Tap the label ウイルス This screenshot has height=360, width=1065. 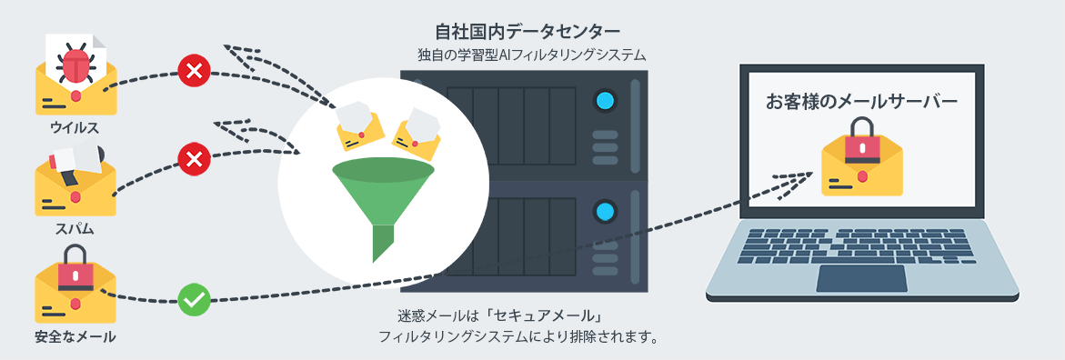(75, 127)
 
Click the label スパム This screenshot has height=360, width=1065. (75, 229)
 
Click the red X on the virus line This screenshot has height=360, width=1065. (193, 70)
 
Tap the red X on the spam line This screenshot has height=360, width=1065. (193, 161)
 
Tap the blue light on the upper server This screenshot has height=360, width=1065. (604, 100)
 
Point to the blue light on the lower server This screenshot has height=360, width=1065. (604, 213)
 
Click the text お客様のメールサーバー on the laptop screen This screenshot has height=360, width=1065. (861, 102)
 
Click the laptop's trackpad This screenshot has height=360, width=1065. (860, 278)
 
